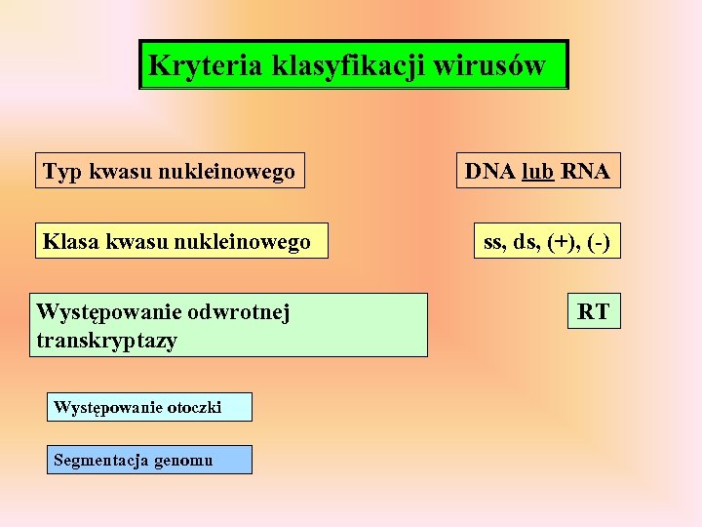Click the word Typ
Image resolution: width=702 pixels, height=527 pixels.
pyautogui.click(x=63, y=173)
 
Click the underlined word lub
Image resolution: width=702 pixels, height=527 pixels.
pyautogui.click(x=538, y=173)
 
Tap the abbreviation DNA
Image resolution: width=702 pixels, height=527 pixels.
pyautogui.click(x=491, y=173)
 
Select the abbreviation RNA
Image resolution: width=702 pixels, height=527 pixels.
pyautogui.click(x=586, y=173)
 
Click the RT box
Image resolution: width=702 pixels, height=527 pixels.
pyautogui.click(x=593, y=312)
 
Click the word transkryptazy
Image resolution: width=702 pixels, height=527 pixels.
pyautogui.click(x=106, y=341)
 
